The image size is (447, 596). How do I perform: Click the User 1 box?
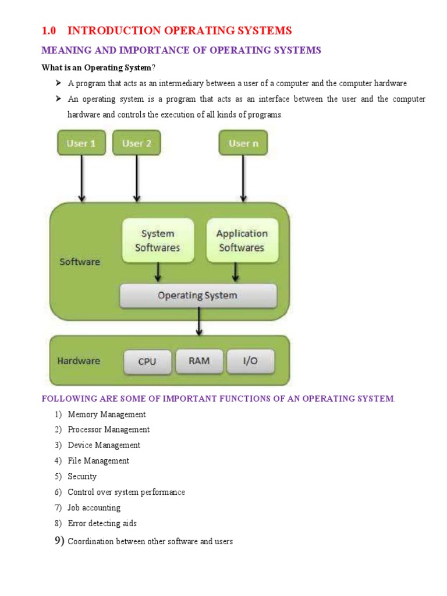pyautogui.click(x=81, y=143)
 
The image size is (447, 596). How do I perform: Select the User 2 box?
pyautogui.click(x=136, y=143)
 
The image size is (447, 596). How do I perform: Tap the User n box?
pyautogui.click(x=243, y=143)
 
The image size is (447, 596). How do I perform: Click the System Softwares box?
pyautogui.click(x=158, y=240)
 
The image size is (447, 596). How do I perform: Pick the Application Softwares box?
pyautogui.click(x=242, y=240)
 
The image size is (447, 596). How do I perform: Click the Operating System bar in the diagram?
pyautogui.click(x=198, y=296)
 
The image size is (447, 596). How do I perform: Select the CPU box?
pyautogui.click(x=147, y=361)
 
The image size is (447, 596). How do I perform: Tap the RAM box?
pyautogui.click(x=199, y=361)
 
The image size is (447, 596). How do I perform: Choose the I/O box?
pyautogui.click(x=250, y=361)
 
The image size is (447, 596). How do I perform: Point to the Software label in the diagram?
pyautogui.click(x=80, y=262)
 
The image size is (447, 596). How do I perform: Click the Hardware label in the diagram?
pyautogui.click(x=79, y=361)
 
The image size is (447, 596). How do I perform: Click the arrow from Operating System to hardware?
pyautogui.click(x=199, y=321)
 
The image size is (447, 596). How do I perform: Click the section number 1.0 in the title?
pyautogui.click(x=49, y=31)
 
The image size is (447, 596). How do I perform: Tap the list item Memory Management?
pyautogui.click(x=107, y=414)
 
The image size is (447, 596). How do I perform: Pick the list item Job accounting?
pyautogui.click(x=94, y=508)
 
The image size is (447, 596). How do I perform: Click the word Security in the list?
pyautogui.click(x=82, y=476)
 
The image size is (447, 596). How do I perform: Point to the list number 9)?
pyautogui.click(x=59, y=541)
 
